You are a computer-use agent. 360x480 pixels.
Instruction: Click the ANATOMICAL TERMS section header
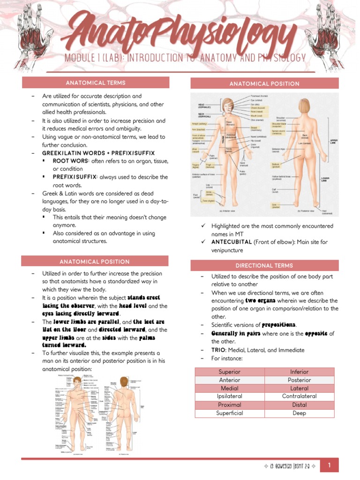tap(95, 83)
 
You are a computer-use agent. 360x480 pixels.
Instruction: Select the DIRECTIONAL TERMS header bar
tap(264, 265)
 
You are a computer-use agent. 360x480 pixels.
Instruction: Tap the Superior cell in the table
tap(230, 372)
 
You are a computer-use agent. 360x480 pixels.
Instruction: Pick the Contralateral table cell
tap(299, 396)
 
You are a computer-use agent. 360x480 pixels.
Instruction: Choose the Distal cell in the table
tap(299, 405)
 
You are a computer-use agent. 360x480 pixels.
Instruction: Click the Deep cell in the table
tap(299, 413)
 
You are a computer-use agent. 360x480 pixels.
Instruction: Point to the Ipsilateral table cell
tap(230, 396)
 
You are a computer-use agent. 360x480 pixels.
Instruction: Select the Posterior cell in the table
tap(299, 380)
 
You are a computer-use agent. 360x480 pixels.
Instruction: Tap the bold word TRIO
tap(219, 350)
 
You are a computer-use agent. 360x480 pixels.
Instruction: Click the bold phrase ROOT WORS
tap(71, 161)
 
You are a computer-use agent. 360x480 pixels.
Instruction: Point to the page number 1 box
tap(330, 465)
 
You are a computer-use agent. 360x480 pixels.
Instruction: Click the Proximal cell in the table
tap(230, 405)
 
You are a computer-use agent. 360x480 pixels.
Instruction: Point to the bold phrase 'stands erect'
tap(144, 298)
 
